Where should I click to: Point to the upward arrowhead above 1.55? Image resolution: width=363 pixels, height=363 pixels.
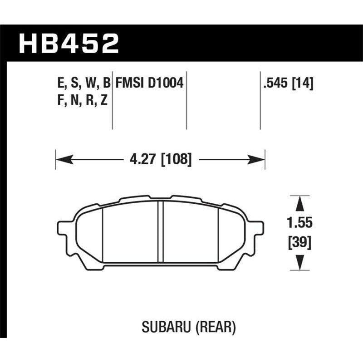[x=299, y=203]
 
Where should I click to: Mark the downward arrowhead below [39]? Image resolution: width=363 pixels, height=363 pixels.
[x=299, y=262]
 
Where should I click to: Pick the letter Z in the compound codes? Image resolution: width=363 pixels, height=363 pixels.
[x=104, y=101]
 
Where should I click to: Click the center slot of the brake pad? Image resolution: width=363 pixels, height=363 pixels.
[x=160, y=231]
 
